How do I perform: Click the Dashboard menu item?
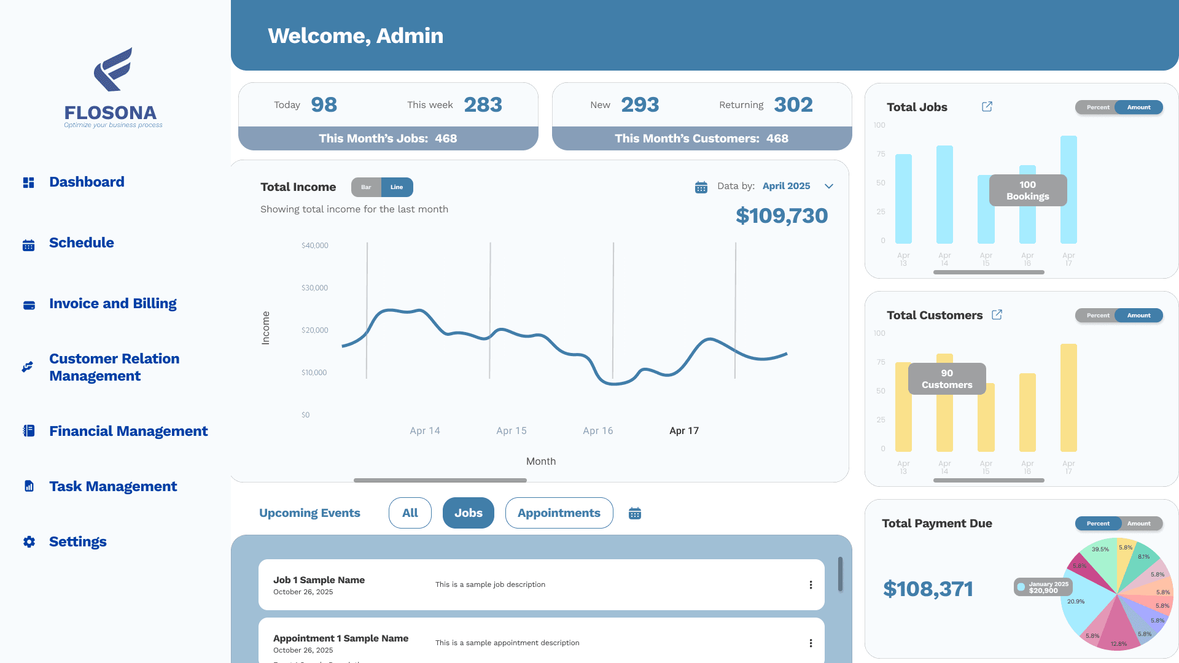click(x=86, y=182)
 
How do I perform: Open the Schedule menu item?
click(x=81, y=243)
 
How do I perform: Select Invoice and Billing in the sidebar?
click(x=112, y=304)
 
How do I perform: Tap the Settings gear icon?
click(x=29, y=542)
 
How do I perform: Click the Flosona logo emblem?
click(x=113, y=69)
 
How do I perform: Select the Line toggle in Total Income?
click(x=397, y=187)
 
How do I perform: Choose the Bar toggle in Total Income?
click(x=366, y=187)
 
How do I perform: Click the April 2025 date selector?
click(x=786, y=186)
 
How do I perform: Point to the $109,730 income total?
click(x=781, y=216)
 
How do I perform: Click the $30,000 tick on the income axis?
click(x=314, y=288)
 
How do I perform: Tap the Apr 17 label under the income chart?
click(x=683, y=431)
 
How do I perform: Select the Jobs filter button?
click(x=468, y=513)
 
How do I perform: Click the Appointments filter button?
click(x=559, y=513)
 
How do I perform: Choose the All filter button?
click(x=410, y=513)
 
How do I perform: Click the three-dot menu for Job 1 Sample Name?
click(x=811, y=585)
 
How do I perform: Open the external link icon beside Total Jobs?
click(x=987, y=107)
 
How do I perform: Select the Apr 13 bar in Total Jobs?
click(x=903, y=199)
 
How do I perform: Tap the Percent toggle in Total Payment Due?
click(x=1098, y=524)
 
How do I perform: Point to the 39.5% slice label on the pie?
click(x=1100, y=549)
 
